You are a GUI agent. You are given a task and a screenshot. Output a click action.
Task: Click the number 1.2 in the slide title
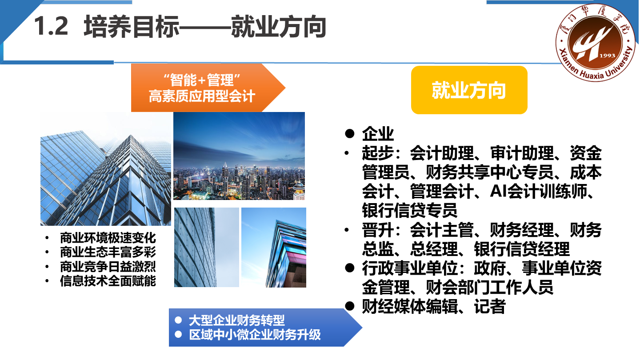(51, 26)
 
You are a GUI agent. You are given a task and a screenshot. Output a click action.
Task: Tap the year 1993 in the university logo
(607, 56)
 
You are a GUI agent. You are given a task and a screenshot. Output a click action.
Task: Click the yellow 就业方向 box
(469, 90)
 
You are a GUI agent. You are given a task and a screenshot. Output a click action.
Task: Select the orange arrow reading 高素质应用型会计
(208, 88)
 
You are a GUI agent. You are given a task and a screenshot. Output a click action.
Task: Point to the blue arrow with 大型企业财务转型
(265, 328)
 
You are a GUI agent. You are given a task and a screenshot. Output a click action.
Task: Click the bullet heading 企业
(378, 133)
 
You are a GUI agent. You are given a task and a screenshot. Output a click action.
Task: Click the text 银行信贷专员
(410, 210)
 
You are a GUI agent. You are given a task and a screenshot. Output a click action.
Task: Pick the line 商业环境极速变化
(108, 238)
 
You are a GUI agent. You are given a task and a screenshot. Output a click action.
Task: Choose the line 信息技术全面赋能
(108, 281)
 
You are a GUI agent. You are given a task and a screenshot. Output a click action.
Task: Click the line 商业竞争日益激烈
(108, 267)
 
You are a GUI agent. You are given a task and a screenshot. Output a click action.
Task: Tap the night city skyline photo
(239, 156)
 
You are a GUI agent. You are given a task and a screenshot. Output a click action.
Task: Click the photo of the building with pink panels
(274, 248)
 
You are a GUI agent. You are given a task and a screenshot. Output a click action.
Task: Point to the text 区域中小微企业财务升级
(255, 335)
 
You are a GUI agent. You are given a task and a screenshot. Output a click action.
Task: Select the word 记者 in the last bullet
(490, 306)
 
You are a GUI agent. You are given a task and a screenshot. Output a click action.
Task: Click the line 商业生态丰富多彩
(108, 252)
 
